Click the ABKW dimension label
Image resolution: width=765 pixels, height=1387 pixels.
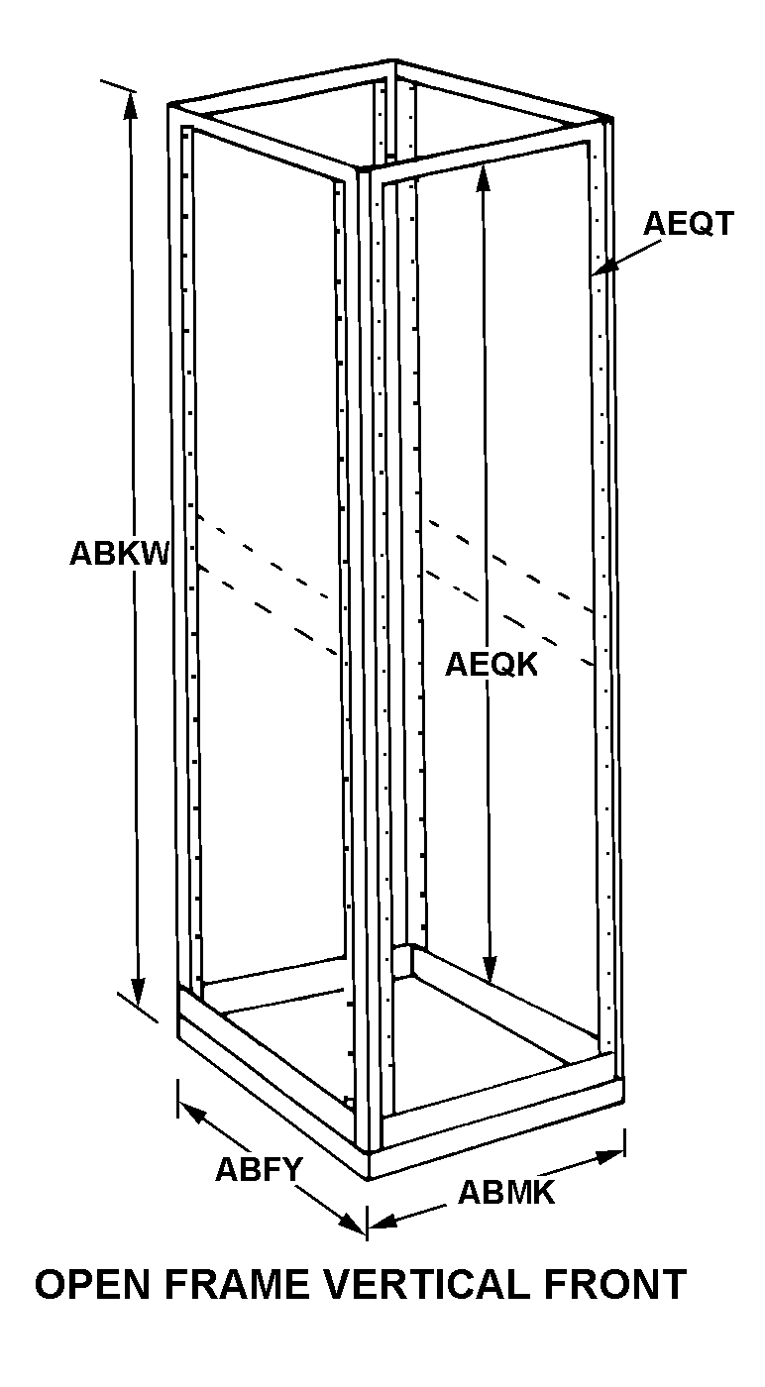(x=119, y=554)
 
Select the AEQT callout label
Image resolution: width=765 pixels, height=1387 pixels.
(x=689, y=224)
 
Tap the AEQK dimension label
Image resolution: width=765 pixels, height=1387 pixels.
(x=491, y=664)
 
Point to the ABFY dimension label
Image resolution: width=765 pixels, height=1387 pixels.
(x=259, y=1170)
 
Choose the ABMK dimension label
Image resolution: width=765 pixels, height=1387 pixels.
(x=506, y=1193)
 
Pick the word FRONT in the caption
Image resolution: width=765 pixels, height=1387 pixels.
(x=613, y=1285)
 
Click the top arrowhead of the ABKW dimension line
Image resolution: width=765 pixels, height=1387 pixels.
(x=129, y=101)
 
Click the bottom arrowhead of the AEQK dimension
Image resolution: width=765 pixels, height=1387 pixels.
(x=489, y=971)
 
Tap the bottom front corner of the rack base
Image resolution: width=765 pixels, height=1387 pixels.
(x=369, y=1176)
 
